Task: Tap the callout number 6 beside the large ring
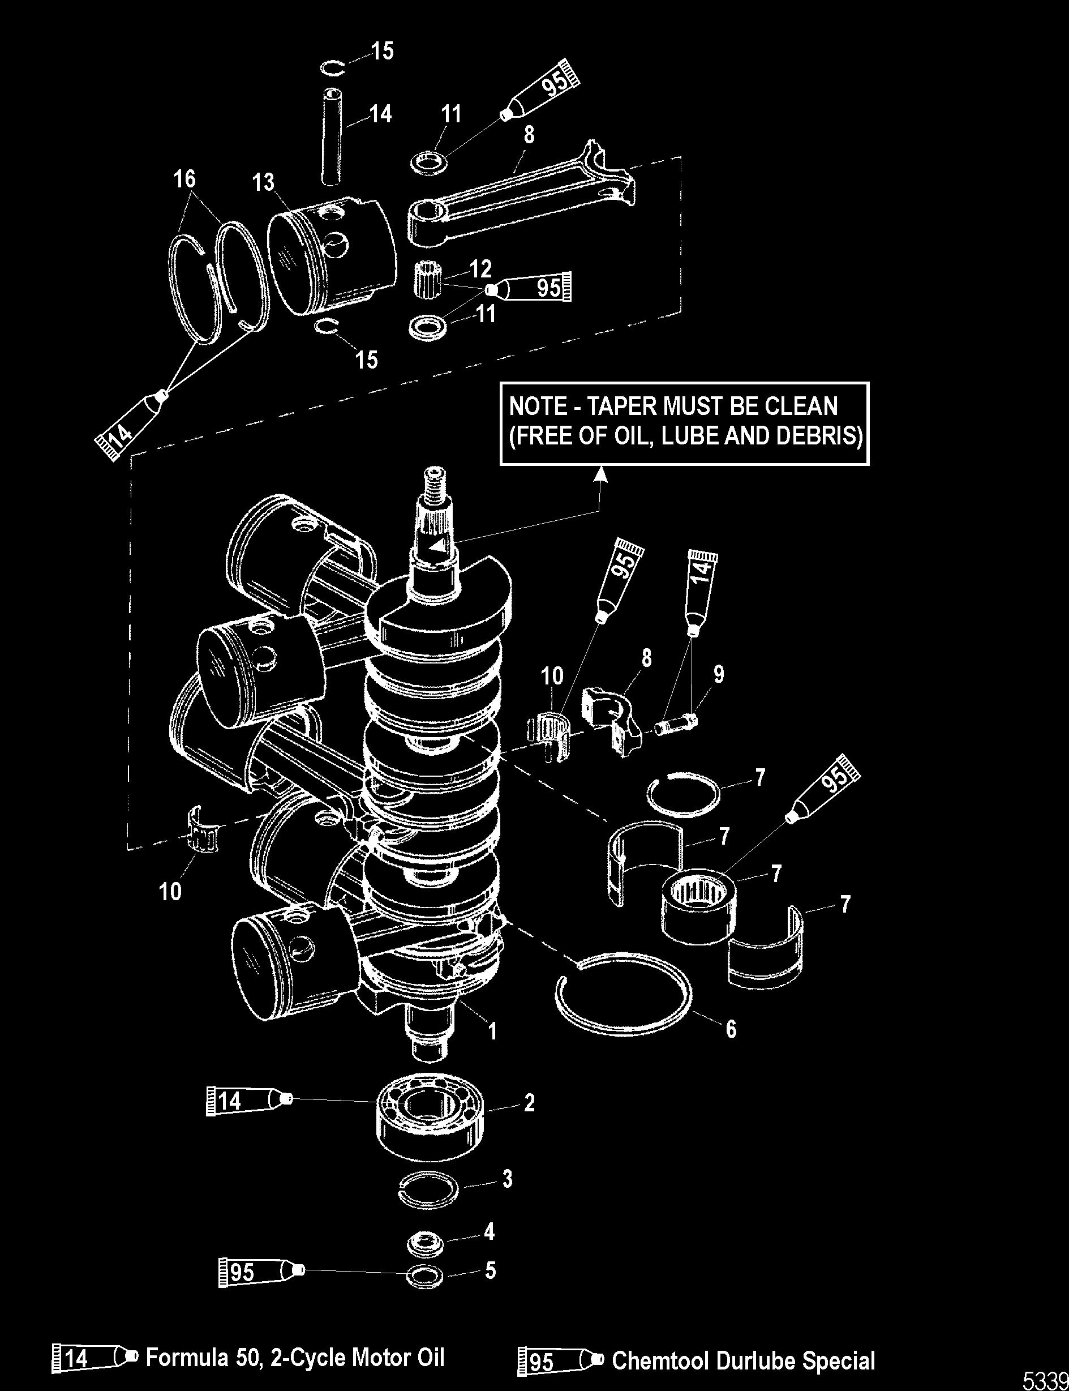pos(731,1029)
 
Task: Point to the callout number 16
pos(185,179)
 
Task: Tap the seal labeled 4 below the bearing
pos(426,1242)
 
